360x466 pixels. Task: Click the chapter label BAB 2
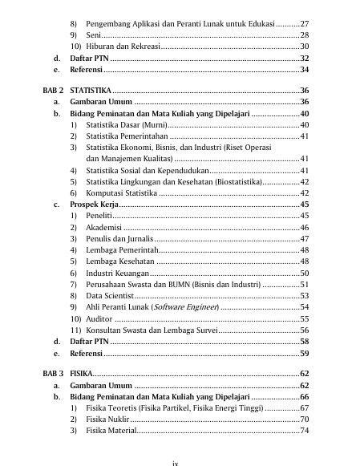pos(52,90)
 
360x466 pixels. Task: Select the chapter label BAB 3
pos(52,374)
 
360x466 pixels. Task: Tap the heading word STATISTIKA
pos(91,90)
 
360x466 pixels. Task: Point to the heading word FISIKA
pos(82,374)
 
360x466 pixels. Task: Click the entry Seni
pos(93,36)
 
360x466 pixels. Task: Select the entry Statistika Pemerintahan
pos(130,137)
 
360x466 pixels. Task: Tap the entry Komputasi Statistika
pos(122,193)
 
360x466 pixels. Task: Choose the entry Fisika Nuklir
pos(107,419)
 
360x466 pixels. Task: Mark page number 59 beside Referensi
pos(304,352)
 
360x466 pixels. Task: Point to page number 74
pos(304,431)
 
